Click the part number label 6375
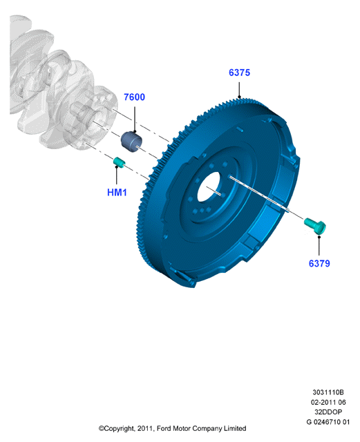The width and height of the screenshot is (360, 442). pos(239,73)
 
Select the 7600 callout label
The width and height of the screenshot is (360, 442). pos(134,97)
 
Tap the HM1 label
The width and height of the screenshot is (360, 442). pos(117,193)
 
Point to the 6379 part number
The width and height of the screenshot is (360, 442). pos(319,263)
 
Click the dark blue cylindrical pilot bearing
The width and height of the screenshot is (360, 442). pos(131,141)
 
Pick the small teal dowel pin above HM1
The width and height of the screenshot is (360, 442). pos(119,163)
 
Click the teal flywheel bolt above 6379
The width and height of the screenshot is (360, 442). pos(315,226)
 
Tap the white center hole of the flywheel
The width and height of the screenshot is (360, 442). pos(209,187)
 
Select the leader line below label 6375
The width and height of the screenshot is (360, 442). pos(239,90)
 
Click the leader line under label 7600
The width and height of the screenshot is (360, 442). pos(135,119)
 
